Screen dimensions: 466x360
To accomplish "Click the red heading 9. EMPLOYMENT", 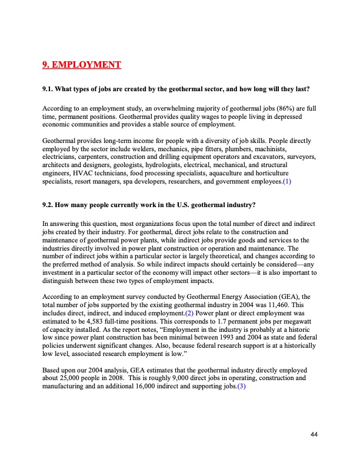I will pyautogui.click(x=82, y=64).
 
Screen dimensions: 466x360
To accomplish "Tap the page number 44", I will pyautogui.click(x=314, y=434).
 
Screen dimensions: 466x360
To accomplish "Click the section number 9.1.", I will pyautogui.click(x=49, y=89).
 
